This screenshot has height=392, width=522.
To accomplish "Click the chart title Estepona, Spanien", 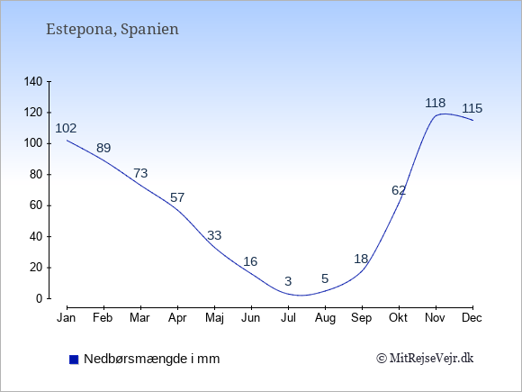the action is [112, 30].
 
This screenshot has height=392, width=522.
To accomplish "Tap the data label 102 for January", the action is [66, 128].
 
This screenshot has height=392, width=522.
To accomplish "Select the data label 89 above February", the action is [103, 148].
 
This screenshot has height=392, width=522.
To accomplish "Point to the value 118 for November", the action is [435, 103].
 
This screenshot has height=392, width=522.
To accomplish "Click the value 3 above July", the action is [288, 281].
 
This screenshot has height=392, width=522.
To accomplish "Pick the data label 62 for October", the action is [399, 190].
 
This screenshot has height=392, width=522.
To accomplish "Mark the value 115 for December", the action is [472, 108].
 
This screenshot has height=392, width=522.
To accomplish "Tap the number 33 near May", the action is [214, 235].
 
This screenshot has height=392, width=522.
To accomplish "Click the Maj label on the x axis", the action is [214, 318].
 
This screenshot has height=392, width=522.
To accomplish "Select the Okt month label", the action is [398, 318].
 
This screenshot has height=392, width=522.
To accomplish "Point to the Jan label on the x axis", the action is [67, 318].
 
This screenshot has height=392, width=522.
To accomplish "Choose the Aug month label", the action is [325, 318].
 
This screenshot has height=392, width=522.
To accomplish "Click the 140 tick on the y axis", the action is [33, 81].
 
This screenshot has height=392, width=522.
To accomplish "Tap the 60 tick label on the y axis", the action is [36, 205].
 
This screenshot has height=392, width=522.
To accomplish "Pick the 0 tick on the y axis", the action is [40, 298].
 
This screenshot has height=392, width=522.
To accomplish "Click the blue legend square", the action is [74, 360].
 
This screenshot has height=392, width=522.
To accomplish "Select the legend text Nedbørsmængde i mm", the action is [152, 359].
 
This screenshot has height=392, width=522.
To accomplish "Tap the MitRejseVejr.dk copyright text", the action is [425, 359].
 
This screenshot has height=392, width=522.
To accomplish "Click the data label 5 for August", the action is [325, 278].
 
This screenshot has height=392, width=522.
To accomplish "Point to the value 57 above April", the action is [177, 197].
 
